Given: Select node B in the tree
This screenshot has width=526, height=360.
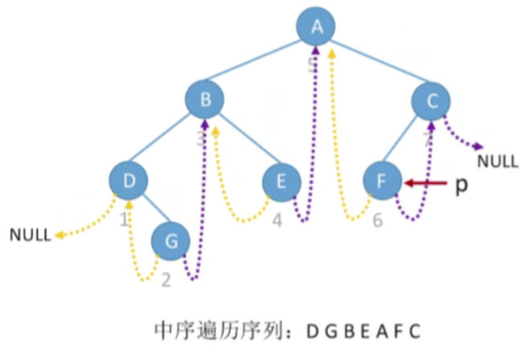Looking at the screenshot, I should pyautogui.click(x=205, y=100).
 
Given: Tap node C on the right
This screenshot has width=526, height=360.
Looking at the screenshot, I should pyautogui.click(x=431, y=100).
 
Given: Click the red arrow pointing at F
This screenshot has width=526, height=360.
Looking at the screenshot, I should pyautogui.click(x=425, y=184).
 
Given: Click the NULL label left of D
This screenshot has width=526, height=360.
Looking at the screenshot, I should pyautogui.click(x=31, y=235).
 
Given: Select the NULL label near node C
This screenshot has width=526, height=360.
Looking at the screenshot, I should pyautogui.click(x=498, y=161).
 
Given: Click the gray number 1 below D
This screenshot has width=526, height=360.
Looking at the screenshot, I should pyautogui.click(x=125, y=219).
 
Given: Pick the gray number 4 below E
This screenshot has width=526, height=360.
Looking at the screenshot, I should pyautogui.click(x=276, y=219).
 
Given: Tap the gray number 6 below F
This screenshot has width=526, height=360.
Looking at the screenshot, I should pyautogui.click(x=377, y=219).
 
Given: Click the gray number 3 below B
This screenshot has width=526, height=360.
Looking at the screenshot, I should pyautogui.click(x=200, y=138).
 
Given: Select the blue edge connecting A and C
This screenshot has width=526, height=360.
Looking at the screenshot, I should pyautogui.click(x=374, y=63).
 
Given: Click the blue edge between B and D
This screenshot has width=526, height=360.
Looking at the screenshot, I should pyautogui.click(x=167, y=140).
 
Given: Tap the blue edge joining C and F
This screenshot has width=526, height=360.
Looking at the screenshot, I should pyautogui.click(x=406, y=141).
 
